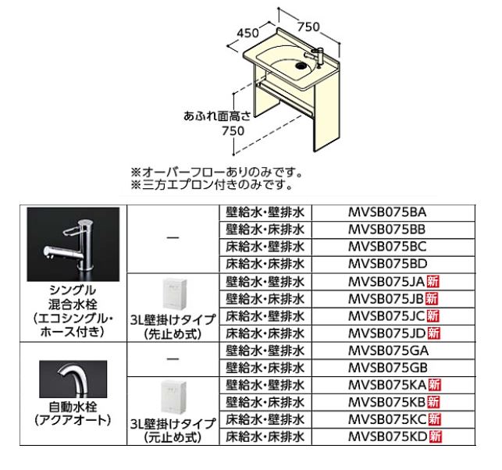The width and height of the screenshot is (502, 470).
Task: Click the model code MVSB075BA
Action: tap(387, 212)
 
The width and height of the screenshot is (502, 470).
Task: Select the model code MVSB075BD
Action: tap(387, 264)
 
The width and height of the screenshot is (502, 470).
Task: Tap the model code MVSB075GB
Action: tap(387, 368)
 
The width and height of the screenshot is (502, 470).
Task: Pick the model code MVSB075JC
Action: tap(387, 316)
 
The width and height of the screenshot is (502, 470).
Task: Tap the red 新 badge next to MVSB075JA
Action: tap(433, 282)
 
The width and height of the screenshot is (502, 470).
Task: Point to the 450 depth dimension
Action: tap(247, 33)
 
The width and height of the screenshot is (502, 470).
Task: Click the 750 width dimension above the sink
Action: tap(308, 27)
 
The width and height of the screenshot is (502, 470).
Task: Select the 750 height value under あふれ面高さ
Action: tap(233, 131)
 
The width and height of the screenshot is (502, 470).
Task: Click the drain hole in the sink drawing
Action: tap(301, 66)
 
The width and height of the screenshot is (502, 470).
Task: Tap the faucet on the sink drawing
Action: tap(315, 55)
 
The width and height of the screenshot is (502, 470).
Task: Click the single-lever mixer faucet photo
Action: tap(73, 244)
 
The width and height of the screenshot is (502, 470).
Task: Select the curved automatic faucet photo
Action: tap(73, 379)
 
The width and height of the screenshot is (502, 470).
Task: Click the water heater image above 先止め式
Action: tap(173, 294)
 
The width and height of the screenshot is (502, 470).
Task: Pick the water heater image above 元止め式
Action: tap(173, 397)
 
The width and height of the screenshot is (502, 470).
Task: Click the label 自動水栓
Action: tap(73, 407)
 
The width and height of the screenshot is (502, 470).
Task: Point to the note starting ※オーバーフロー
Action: tap(216, 173)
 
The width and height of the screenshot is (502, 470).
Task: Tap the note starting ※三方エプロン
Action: tap(212, 185)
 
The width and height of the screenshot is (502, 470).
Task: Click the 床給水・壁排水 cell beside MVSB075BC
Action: tap(265, 247)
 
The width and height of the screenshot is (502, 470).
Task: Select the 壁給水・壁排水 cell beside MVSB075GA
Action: tap(265, 351)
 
